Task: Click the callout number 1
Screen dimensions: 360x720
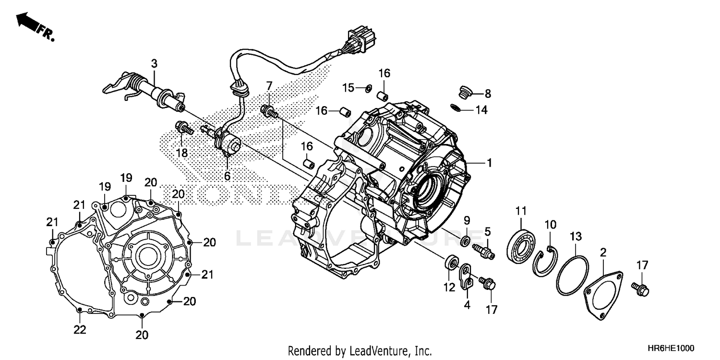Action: tap(489, 163)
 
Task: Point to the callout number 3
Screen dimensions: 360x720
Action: tap(154, 63)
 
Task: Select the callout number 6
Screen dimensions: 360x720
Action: tap(227, 176)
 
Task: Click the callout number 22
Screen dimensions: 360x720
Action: tap(80, 329)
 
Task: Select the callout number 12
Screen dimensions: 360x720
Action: tap(449, 288)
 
